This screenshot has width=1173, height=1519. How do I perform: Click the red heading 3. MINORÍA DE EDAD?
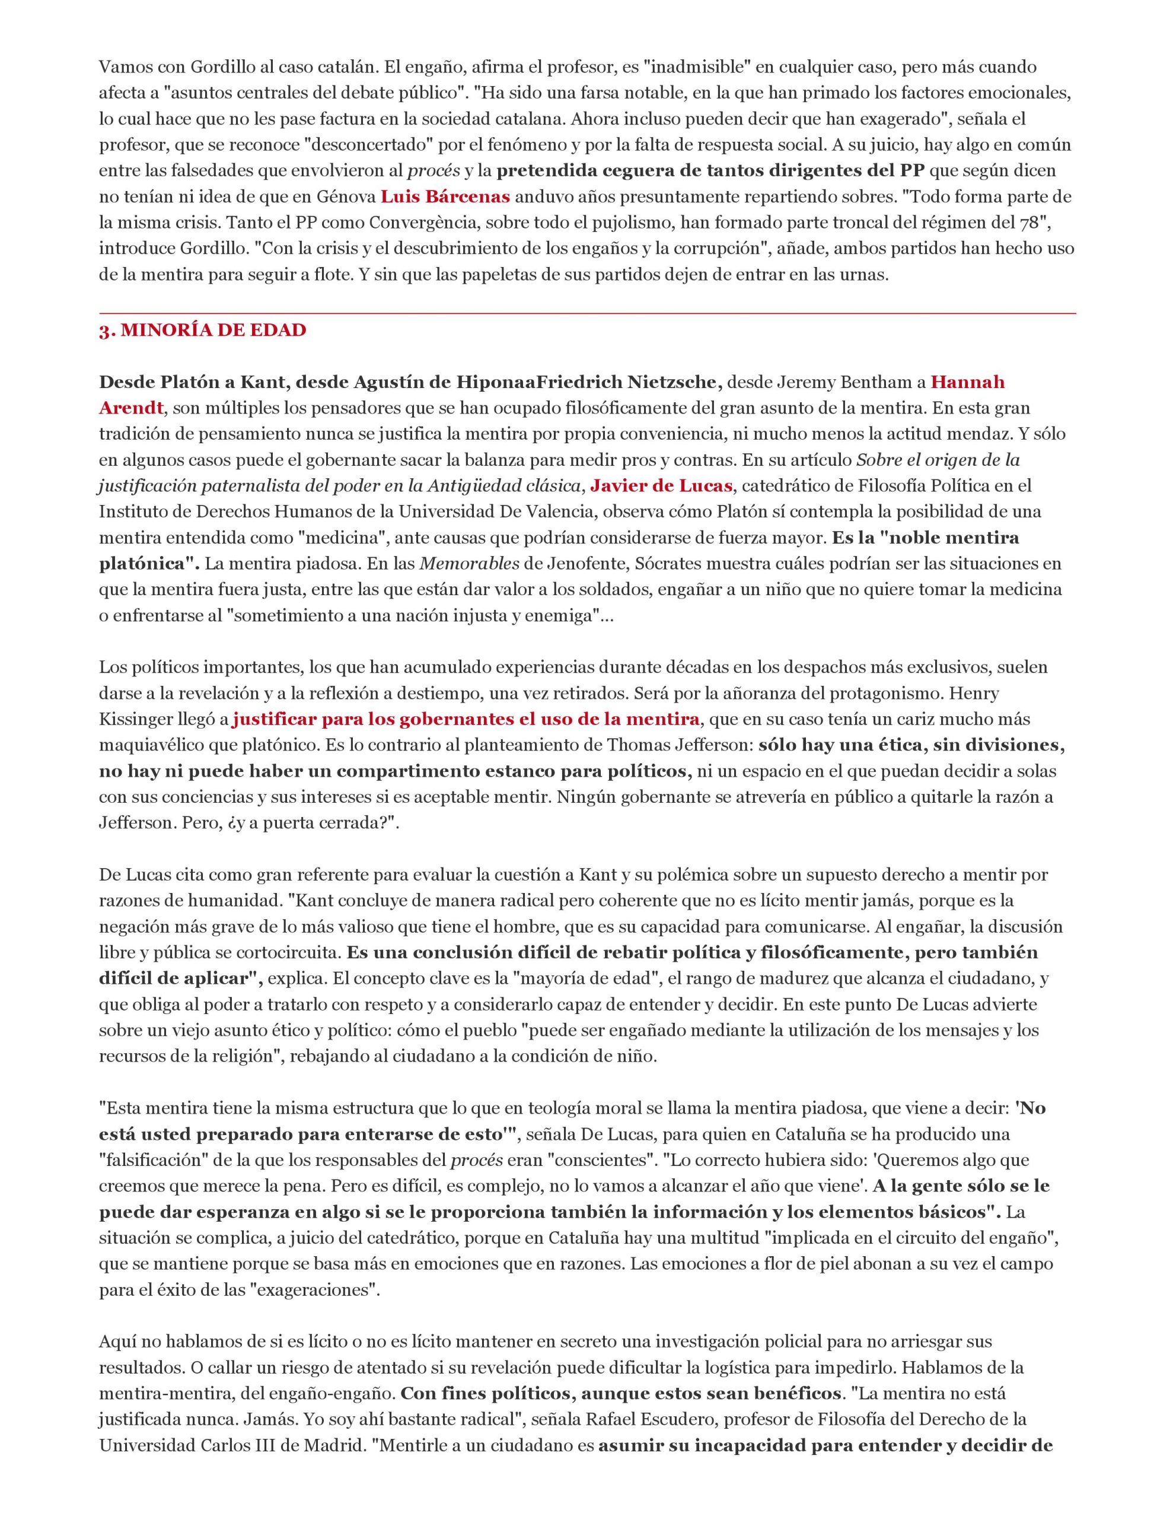pos(202,331)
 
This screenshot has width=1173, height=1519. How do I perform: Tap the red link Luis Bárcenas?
pos(445,196)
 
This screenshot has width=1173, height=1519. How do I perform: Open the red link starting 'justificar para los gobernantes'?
pos(465,719)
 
